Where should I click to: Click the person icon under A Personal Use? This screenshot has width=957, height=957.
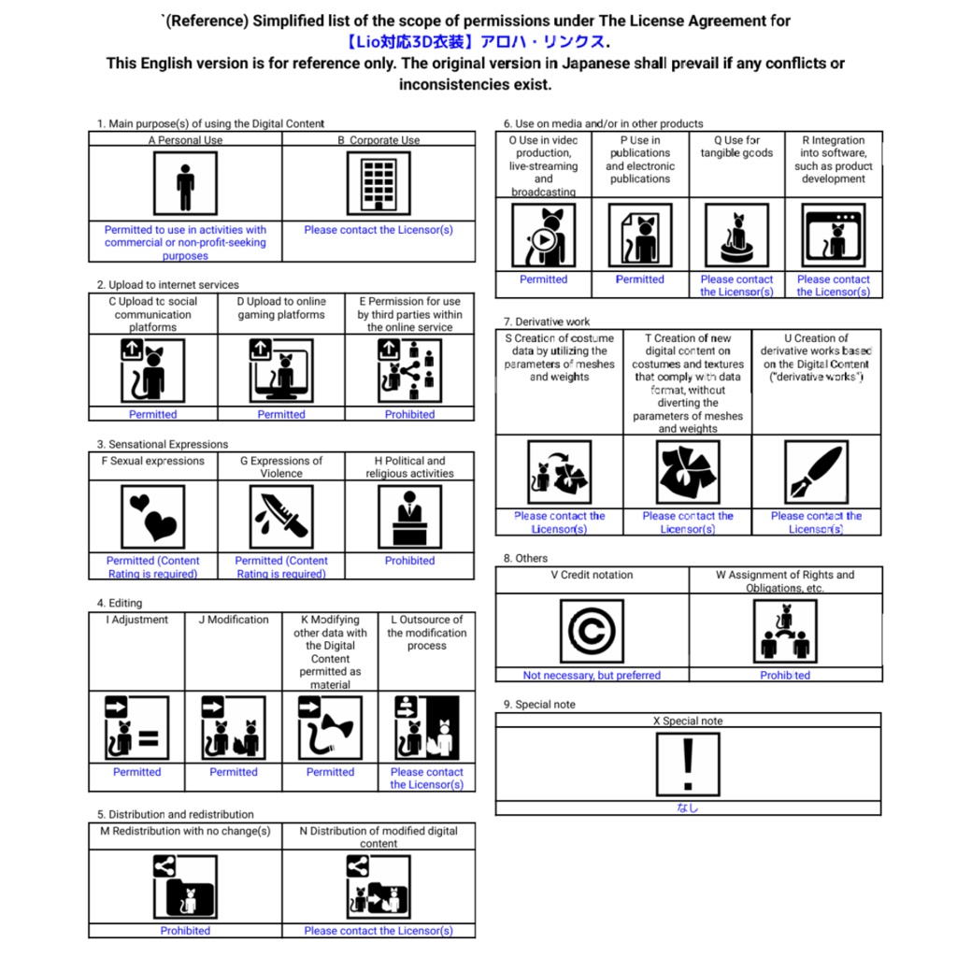185,183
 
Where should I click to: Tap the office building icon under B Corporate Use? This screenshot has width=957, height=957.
379,183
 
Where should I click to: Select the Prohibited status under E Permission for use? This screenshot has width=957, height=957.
409,414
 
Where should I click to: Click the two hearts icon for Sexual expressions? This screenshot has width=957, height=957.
153,517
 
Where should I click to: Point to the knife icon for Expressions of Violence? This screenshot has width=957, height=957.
281,517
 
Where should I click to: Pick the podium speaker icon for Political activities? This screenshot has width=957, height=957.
409,517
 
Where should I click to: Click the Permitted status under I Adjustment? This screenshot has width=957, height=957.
136,772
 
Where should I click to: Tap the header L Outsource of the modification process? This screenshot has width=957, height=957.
427,633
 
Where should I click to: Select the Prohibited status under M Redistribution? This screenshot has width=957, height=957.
185,931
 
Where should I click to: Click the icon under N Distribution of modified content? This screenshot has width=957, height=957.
379,886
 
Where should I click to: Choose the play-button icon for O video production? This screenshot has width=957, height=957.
543,236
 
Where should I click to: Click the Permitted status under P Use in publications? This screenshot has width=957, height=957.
640,279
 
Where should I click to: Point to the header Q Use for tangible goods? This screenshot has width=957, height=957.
736,147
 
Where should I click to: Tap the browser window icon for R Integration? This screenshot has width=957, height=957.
833,236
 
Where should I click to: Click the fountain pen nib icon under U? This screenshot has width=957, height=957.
816,472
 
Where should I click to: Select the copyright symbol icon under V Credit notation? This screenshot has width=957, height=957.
592,631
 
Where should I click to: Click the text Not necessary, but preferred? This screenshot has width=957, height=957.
592,675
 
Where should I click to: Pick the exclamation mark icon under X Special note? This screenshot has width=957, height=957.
688,764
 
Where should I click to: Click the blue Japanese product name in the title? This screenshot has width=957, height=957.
475,42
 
